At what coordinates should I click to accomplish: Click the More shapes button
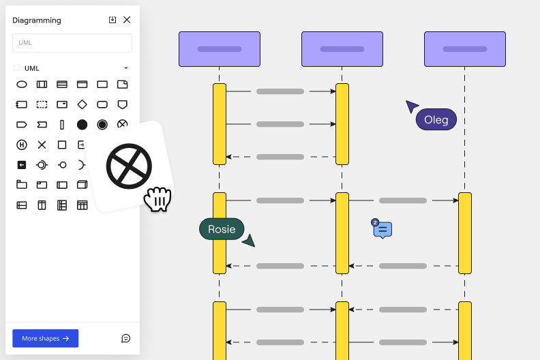[45, 338]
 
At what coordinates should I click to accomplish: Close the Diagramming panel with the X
[127, 20]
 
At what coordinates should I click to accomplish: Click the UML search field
[72, 43]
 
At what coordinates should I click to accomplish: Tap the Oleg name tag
[436, 120]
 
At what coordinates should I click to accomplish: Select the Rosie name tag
[222, 229]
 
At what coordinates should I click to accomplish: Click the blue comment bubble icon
[383, 230]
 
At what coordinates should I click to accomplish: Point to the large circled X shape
[129, 166]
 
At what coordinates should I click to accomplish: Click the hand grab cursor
[157, 199]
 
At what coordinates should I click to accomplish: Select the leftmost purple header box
[220, 49]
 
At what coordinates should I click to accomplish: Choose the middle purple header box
[342, 49]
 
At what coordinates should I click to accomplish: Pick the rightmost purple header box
[464, 49]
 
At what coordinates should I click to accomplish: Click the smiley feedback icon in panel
[125, 338]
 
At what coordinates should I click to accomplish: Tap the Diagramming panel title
[37, 20]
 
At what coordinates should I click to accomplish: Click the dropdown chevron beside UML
[126, 68]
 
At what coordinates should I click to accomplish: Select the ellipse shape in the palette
[22, 85]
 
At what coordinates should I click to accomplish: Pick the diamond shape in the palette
[82, 104]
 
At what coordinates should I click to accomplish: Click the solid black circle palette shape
[82, 124]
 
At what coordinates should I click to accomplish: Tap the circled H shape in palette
[22, 145]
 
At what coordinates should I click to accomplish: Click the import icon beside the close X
[112, 20]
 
